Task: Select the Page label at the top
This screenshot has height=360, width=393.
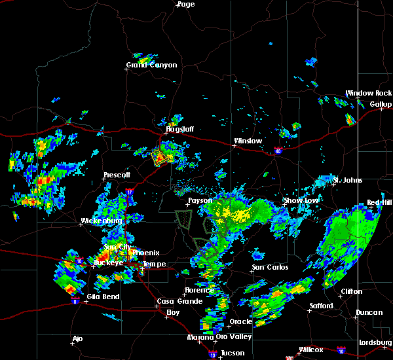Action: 186,5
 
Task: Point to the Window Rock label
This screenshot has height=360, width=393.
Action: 368,94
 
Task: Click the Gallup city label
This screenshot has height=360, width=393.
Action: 381,105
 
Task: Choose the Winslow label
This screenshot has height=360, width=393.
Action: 248,141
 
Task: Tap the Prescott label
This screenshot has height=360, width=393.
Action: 117,175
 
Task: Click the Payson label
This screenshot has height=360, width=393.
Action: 200,201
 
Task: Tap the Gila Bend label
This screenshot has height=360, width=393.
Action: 102,296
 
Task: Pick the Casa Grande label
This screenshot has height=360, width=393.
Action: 176,301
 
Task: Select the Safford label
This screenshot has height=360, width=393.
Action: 321,306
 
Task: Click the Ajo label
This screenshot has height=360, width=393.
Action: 78,339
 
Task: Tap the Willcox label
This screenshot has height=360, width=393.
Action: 310,350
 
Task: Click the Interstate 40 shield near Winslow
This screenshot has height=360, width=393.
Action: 278,151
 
